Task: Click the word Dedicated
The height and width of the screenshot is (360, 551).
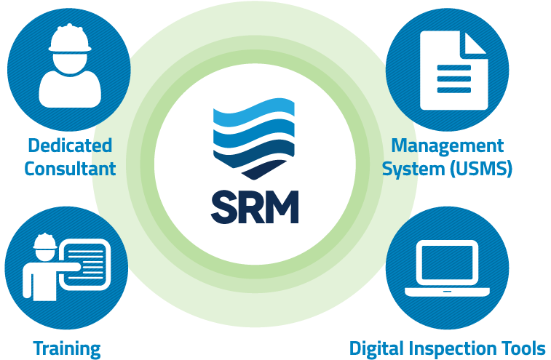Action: [70, 145]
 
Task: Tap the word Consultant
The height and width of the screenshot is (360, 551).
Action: [70, 169]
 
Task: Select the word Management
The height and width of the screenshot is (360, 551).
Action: [448, 146]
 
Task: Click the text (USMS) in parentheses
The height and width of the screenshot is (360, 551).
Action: [481, 169]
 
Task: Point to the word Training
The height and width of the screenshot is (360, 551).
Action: [67, 349]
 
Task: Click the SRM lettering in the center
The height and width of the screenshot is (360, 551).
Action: [255, 207]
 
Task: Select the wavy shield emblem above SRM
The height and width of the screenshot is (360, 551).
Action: [254, 139]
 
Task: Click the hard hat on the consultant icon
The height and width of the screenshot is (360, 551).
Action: [70, 39]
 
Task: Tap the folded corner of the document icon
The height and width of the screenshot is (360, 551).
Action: [474, 43]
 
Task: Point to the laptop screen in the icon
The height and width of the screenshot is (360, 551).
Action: [447, 263]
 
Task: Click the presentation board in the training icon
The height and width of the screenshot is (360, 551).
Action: [84, 265]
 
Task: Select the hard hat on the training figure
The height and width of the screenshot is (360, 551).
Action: [45, 241]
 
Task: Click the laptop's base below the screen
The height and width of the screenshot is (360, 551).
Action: [447, 292]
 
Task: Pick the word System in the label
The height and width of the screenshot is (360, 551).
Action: [413, 169]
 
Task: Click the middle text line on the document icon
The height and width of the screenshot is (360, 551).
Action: [453, 79]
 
